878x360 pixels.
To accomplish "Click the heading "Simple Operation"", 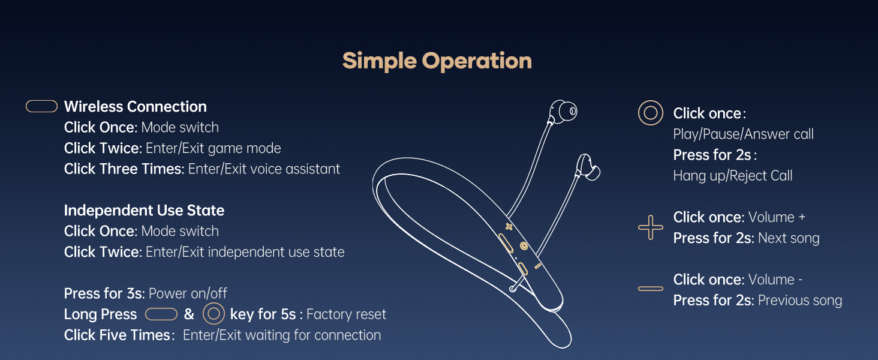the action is coord(437,61).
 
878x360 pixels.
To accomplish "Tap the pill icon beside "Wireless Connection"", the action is coord(42,107).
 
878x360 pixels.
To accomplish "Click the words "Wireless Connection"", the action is coord(135,107).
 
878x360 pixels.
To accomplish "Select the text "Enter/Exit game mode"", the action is coord(214,148).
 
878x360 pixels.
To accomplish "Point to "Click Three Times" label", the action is coord(123,169).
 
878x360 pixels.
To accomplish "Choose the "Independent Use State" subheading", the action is coord(144,211).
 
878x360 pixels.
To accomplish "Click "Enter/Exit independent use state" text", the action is coord(245,252).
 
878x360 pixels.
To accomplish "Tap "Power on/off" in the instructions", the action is coord(188,294).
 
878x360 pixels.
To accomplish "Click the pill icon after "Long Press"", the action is coord(161,314).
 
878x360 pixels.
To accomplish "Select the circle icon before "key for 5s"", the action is coord(214,314).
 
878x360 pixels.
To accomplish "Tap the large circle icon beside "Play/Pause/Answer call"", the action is coord(650,113).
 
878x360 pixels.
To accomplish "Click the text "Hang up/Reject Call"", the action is coord(733,176).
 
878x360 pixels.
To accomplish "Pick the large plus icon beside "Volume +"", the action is coord(650,228).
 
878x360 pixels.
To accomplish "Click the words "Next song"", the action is coord(788,238).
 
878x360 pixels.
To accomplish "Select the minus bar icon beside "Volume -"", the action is coord(650,289).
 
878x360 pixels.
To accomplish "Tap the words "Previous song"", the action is coord(799,301).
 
